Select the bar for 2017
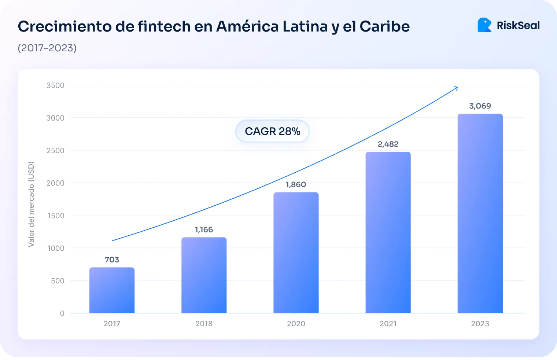pyautogui.click(x=112, y=290)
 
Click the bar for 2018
pyautogui.click(x=204, y=275)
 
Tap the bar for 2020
pyautogui.click(x=296, y=253)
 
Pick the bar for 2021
pyautogui.click(x=388, y=232)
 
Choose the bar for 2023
pyautogui.click(x=480, y=213)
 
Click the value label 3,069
pyautogui.click(x=480, y=106)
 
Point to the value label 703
pyautogui.click(x=112, y=260)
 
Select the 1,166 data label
pyautogui.click(x=204, y=229)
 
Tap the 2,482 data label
pyautogui.click(x=388, y=144)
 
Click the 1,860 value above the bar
pyautogui.click(x=296, y=184)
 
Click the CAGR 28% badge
pyautogui.click(x=272, y=131)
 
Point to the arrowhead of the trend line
pyautogui.click(x=456, y=88)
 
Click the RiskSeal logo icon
pyautogui.click(x=484, y=25)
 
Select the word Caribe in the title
pyautogui.click(x=384, y=26)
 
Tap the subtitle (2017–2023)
pyautogui.click(x=47, y=48)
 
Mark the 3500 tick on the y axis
pyautogui.click(x=55, y=85)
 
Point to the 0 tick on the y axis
pyautogui.click(x=62, y=313)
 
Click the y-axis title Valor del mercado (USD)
pyautogui.click(x=31, y=204)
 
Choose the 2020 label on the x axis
pyautogui.click(x=296, y=324)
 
